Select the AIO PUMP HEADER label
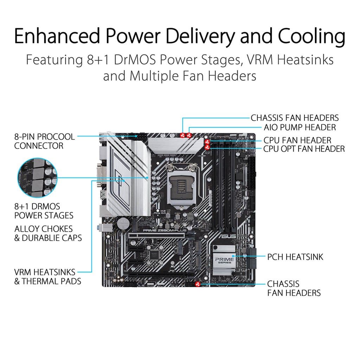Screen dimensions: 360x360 pos(300,127)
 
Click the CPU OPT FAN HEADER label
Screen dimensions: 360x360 pos(304,149)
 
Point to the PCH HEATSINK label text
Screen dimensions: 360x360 pos(295,257)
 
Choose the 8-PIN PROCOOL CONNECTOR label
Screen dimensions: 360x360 pos(44,141)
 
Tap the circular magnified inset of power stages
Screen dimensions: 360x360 pos(37,177)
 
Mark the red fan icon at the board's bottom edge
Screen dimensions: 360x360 pos(197,283)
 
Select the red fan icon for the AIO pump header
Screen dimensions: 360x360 pos(189,135)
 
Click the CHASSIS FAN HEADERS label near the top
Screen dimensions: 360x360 pos(295,118)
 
